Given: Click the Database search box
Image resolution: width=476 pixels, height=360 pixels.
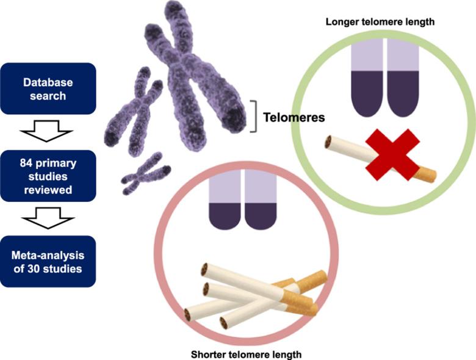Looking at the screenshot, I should (x=48, y=88).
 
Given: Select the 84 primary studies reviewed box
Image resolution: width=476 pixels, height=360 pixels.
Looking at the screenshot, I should (x=48, y=175).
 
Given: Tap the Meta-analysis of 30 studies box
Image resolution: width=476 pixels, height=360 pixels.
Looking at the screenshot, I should (x=48, y=261).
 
